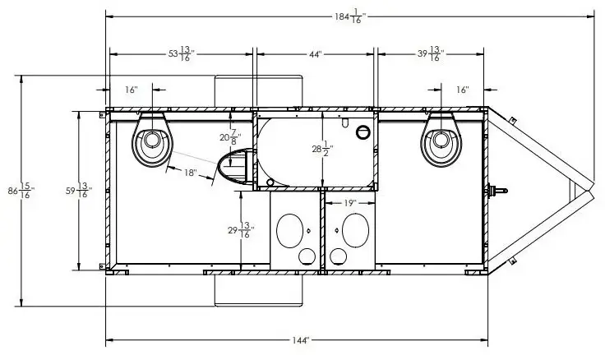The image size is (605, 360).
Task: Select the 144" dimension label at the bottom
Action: pos(301,341)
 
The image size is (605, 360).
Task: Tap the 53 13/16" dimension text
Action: pos(182,54)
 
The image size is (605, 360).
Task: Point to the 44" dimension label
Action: pos(315,55)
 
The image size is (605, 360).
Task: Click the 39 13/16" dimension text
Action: pos(431,54)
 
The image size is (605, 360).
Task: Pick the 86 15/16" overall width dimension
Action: pos(21,191)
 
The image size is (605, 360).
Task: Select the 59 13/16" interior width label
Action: pos(79,190)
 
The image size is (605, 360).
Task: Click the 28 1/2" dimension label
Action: pos(322,149)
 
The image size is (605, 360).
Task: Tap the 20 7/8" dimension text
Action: pos(230,137)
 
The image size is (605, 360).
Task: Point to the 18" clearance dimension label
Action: pos(190,173)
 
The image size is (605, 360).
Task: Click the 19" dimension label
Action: pos(349,203)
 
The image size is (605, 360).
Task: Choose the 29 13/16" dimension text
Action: pos(241,230)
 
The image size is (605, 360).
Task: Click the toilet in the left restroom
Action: pos(152,140)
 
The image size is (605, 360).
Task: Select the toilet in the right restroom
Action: pos(441,140)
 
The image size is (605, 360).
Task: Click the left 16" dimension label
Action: pos(132,90)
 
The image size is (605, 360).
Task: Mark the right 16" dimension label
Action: pos(462,90)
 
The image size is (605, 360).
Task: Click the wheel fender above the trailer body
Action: pos(258,91)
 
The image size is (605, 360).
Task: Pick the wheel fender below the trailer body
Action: pos(258,291)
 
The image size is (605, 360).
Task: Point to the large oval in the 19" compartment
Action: pos(355,230)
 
